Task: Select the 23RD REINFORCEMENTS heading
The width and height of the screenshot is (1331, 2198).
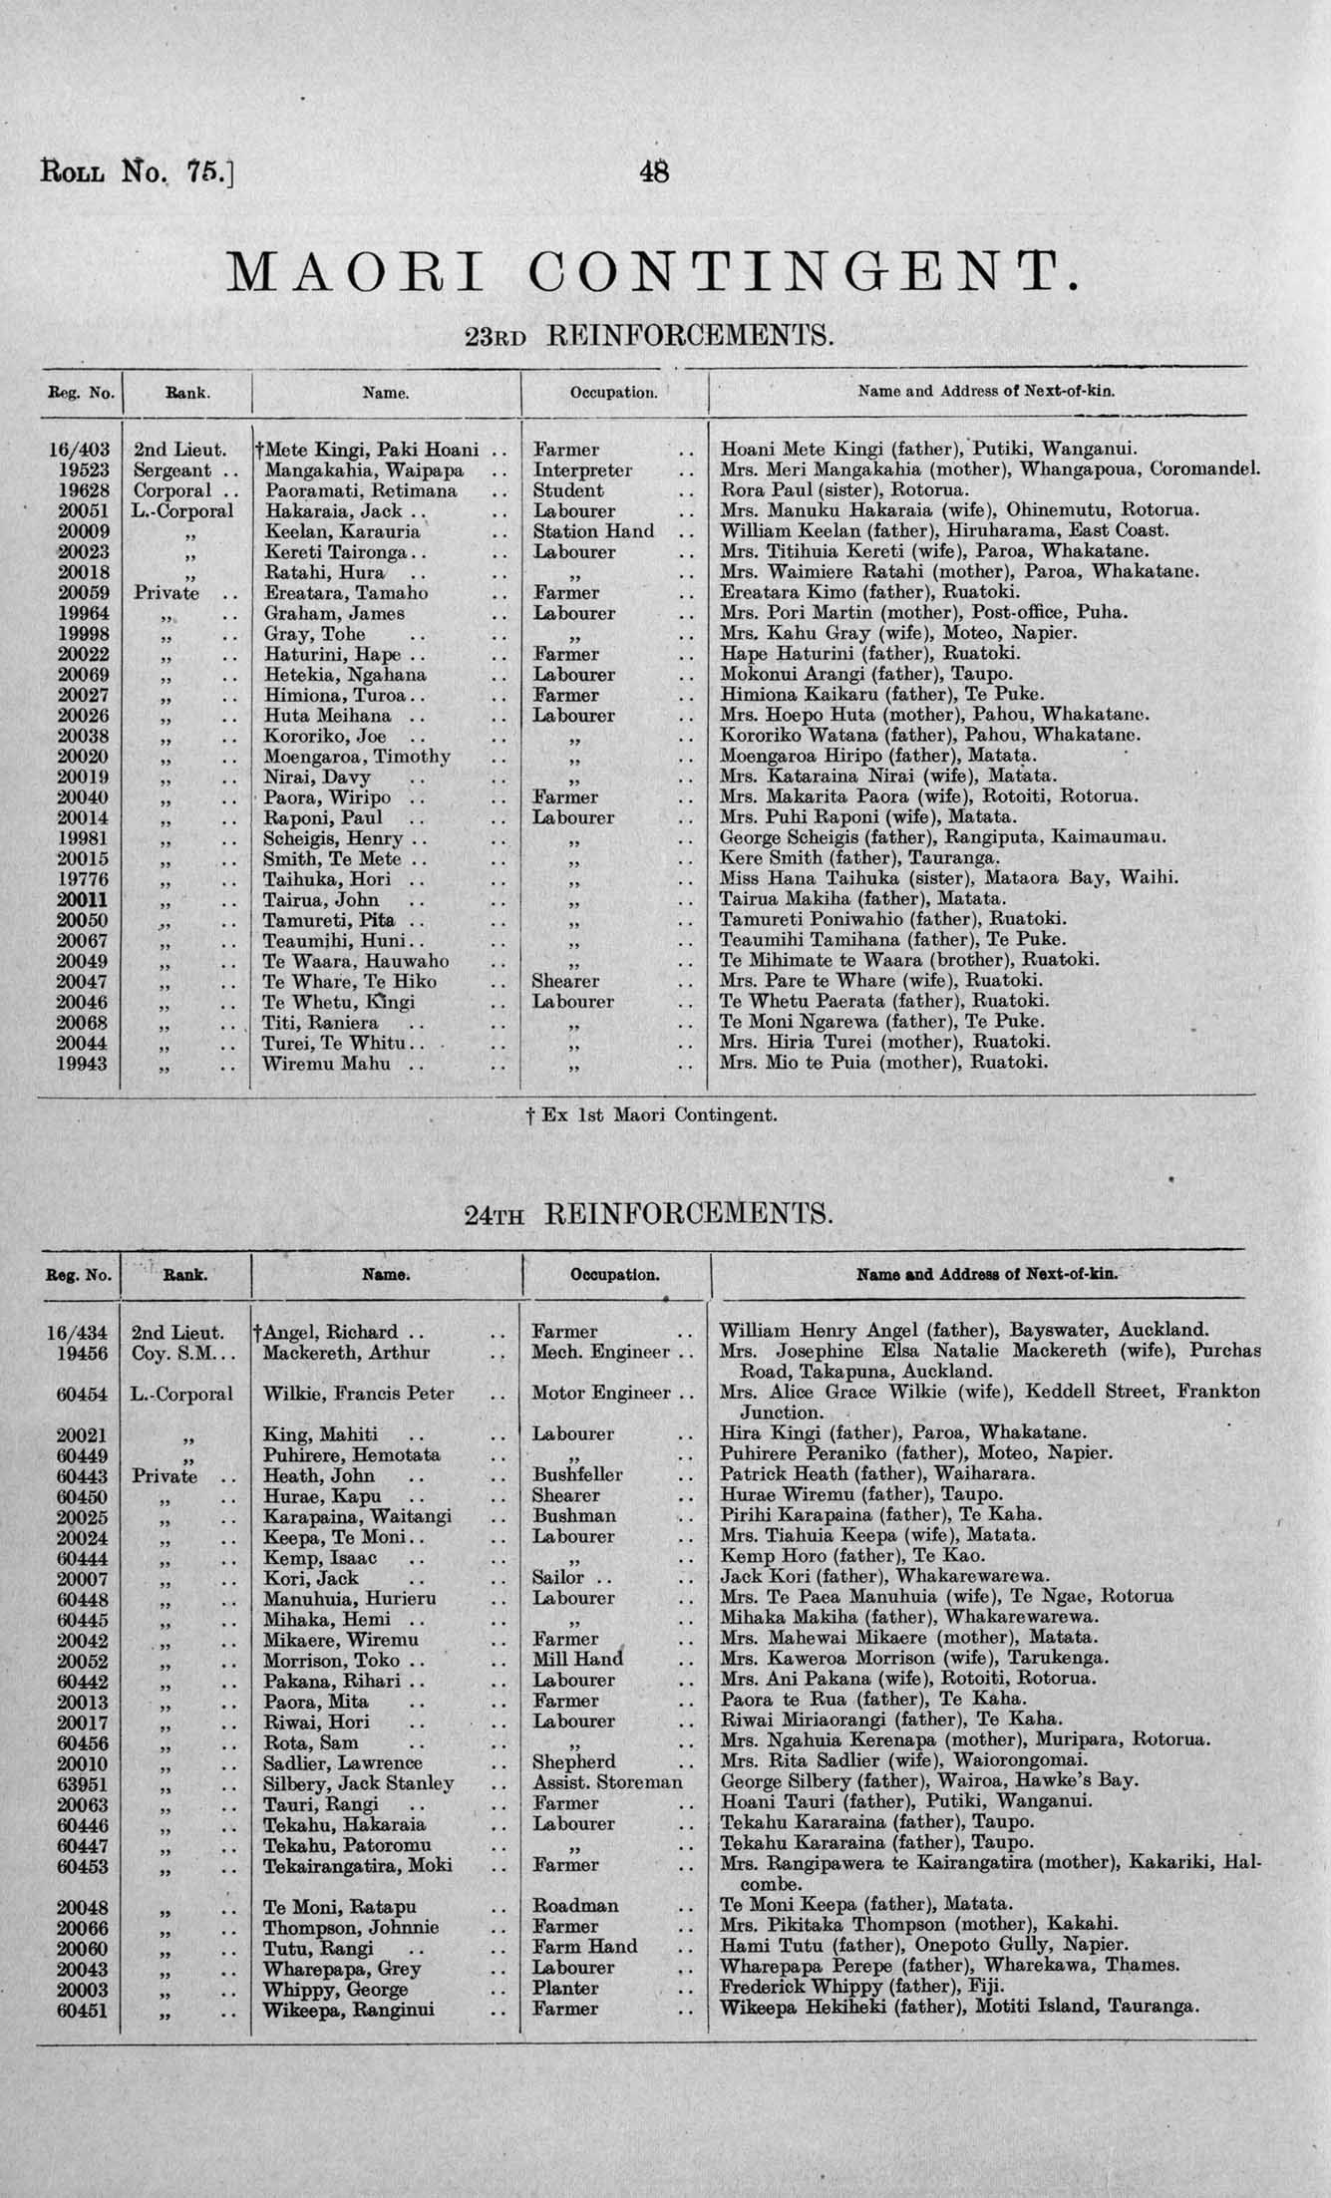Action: click(649, 335)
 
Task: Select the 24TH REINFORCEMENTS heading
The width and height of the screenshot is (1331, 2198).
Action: click(648, 1213)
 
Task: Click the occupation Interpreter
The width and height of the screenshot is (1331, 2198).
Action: click(582, 470)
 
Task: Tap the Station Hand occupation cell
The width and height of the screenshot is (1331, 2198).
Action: click(593, 531)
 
